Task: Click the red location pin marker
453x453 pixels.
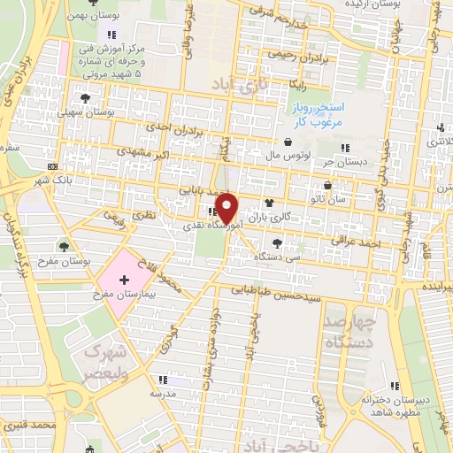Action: point(227,209)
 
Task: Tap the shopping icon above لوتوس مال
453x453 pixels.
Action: point(288,142)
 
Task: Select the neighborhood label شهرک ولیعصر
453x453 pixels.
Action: point(113,358)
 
